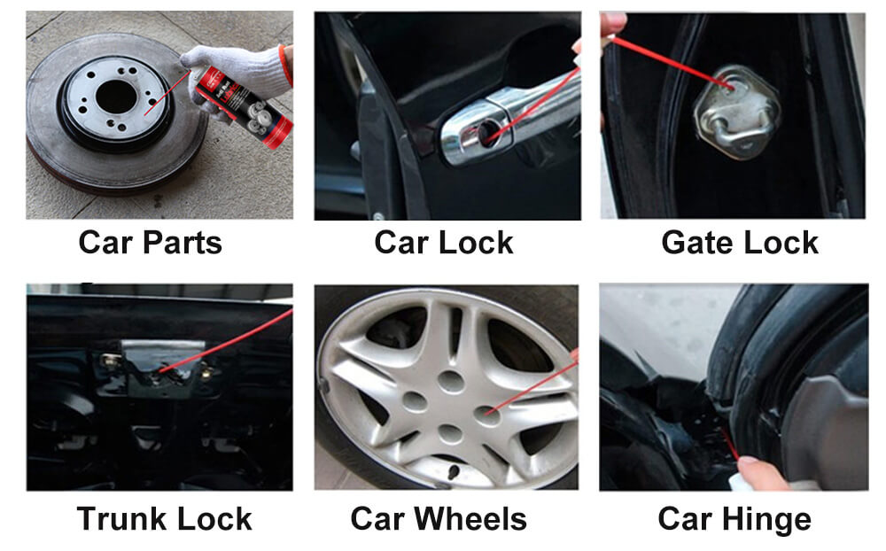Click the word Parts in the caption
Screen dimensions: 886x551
click(182, 243)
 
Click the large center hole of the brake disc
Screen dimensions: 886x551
click(116, 97)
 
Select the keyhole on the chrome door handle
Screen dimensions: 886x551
click(486, 134)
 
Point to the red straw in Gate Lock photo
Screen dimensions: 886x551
click(672, 62)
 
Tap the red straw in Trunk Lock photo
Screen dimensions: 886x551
click(226, 341)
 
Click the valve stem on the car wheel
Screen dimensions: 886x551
click(453, 472)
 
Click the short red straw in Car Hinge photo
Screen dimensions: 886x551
click(730, 444)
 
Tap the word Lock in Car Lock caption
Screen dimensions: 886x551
click(476, 243)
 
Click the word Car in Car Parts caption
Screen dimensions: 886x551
click(105, 243)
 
